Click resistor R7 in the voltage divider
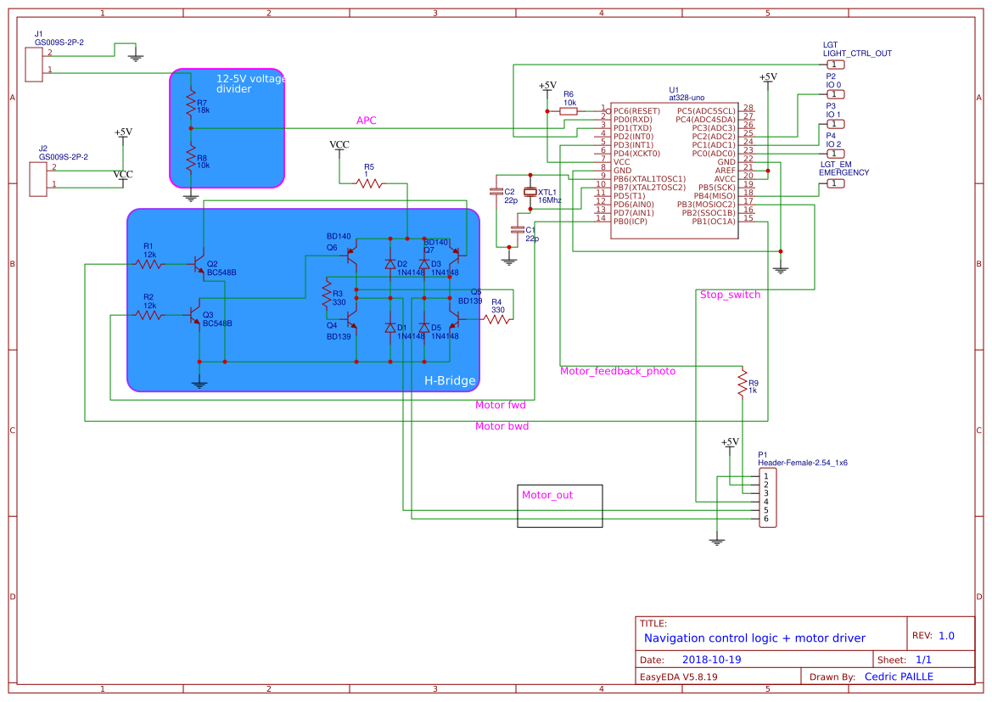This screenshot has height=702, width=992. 191,104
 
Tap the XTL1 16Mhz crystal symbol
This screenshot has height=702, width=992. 531,193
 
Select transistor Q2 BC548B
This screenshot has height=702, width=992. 200,264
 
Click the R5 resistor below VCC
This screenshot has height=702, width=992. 369,183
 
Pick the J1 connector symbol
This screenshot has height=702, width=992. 34,65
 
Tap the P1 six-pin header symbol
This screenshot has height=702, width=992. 768,497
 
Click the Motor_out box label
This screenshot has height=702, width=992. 547,495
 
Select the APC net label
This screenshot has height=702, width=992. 366,121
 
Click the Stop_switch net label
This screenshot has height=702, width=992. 730,295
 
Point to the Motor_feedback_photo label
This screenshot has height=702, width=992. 618,371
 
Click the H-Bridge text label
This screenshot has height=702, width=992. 450,381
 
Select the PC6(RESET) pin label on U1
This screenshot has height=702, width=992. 636,110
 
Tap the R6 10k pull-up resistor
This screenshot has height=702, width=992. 569,110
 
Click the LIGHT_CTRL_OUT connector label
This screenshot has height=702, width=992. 857,53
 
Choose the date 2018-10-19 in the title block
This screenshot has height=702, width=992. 712,659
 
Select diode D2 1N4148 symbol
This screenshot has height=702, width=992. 390,264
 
